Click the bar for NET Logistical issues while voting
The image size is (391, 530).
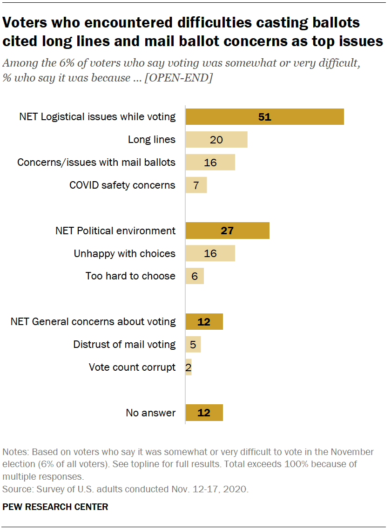[x=264, y=117]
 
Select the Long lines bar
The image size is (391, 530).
[x=216, y=139]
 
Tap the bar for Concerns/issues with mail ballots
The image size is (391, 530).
[x=210, y=162]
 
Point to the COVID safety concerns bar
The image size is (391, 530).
[x=196, y=185]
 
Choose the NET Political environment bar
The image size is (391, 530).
[x=227, y=231]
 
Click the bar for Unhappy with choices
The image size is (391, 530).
[x=210, y=253]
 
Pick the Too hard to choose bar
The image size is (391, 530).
[x=195, y=276]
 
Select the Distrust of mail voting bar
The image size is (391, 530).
[x=193, y=344]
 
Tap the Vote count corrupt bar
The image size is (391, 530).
[x=189, y=367]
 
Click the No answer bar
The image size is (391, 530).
[x=204, y=413]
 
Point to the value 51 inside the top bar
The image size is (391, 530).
[x=264, y=117]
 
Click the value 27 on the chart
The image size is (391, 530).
[x=227, y=231]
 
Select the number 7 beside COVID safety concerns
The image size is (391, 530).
[x=196, y=185]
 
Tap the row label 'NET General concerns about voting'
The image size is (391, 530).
[x=93, y=321]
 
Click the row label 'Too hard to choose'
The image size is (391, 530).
[x=130, y=276]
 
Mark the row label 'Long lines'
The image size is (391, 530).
[x=152, y=139]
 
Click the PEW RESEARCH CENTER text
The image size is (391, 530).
[x=55, y=507]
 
